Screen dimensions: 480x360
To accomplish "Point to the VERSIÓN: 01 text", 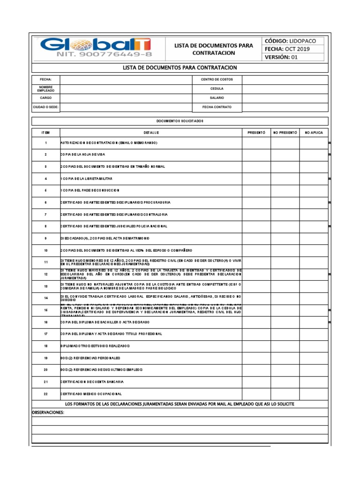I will (281, 57).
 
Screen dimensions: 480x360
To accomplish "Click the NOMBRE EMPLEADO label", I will (46, 89).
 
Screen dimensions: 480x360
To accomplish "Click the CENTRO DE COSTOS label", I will (217, 79).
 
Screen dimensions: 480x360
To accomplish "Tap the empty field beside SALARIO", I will (285, 98).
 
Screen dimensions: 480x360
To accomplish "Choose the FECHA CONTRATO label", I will (217, 107).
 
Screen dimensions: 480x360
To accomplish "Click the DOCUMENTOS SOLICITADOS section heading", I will (180, 121).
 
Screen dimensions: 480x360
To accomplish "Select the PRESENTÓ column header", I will (256, 133).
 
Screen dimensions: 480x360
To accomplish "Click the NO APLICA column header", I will (314, 133).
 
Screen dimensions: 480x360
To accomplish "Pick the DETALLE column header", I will (151, 133).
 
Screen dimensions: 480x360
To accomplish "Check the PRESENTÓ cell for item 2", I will (256, 154).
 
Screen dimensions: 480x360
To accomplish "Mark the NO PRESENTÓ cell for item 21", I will (285, 382).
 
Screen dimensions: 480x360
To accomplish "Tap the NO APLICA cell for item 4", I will (314, 179).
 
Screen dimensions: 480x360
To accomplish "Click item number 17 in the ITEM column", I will (46, 333).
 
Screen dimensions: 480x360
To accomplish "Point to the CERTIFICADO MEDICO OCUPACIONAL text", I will (91, 394).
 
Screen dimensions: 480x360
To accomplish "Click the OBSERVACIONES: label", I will (48, 412).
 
